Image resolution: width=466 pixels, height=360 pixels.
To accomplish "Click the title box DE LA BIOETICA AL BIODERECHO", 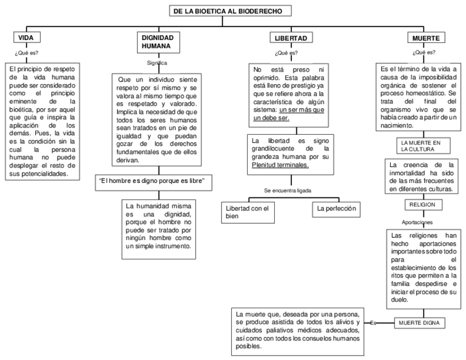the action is pyautogui.click(x=230, y=11).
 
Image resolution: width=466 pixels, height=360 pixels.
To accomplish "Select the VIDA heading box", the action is pyautogui.click(x=27, y=38).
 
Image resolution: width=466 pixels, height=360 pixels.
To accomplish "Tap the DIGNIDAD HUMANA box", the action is pyautogui.click(x=158, y=42).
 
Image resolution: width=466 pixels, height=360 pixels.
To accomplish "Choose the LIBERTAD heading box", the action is pyautogui.click(x=291, y=38).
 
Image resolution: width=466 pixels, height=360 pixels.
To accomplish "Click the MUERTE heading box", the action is pyautogui.click(x=426, y=38).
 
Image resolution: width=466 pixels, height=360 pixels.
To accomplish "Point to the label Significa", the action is pyautogui.click(x=157, y=63).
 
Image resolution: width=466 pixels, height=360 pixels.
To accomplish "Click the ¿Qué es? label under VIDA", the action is pyautogui.click(x=26, y=53).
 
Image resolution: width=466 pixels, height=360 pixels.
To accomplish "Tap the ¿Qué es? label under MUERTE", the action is pyautogui.click(x=424, y=52).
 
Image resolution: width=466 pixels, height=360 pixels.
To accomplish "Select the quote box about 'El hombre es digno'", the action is pyautogui.click(x=154, y=182).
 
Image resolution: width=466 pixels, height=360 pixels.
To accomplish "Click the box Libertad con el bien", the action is pyautogui.click(x=248, y=213).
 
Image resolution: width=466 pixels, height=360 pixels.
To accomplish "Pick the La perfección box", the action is pyautogui.click(x=336, y=209).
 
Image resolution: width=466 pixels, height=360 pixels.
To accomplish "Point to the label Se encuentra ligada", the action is pyautogui.click(x=287, y=191).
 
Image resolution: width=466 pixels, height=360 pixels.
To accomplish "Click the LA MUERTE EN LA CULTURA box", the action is pyautogui.click(x=424, y=146).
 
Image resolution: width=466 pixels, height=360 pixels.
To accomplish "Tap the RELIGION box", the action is pyautogui.click(x=424, y=204).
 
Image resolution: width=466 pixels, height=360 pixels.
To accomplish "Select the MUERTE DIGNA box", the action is pyautogui.click(x=420, y=323).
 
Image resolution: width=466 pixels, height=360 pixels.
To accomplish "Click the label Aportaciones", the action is pyautogui.click(x=417, y=223).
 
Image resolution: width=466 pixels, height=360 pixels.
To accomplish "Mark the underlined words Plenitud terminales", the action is pyautogui.click(x=280, y=165).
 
